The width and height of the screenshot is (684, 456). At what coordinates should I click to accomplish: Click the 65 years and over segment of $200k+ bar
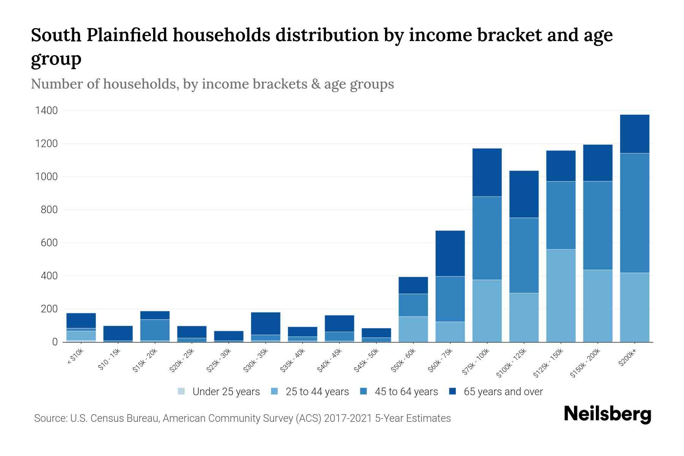(x=634, y=134)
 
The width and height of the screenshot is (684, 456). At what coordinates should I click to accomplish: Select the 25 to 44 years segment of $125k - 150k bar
(x=560, y=296)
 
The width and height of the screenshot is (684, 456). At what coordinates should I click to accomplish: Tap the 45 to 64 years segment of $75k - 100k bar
(x=487, y=238)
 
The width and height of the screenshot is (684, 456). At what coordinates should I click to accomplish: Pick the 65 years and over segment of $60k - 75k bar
(x=450, y=253)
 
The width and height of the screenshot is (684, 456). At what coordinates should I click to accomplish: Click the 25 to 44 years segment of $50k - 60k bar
(x=413, y=329)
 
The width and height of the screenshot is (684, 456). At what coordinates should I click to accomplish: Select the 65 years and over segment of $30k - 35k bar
(x=265, y=323)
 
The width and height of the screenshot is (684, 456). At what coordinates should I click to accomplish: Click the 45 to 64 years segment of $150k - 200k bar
(x=597, y=225)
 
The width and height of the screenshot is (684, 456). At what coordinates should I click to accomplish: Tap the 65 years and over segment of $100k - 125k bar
(x=524, y=194)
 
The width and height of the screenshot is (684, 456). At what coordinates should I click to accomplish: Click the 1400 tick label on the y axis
(x=46, y=111)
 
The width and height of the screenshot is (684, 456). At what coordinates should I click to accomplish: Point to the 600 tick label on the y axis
(x=49, y=243)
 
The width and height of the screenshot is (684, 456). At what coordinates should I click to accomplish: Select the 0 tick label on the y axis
(x=55, y=342)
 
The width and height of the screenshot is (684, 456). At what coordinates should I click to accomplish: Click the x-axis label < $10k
(x=76, y=357)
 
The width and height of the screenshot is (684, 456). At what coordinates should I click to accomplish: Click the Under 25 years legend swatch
(x=181, y=391)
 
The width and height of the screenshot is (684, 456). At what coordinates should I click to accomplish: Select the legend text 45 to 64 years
(x=406, y=392)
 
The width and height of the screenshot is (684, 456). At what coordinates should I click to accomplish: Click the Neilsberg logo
(x=607, y=414)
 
